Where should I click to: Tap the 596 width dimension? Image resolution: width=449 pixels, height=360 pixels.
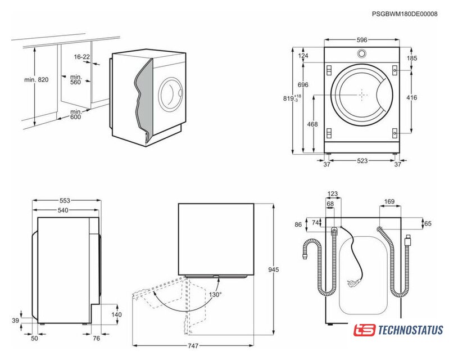[x=361, y=40]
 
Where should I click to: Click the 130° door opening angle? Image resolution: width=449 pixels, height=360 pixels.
[x=215, y=294]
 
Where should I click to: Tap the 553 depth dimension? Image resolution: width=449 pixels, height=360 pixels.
[x=66, y=201]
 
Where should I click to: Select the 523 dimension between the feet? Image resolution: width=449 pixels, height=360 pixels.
[x=362, y=161]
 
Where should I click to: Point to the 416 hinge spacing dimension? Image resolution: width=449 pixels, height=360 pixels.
[x=412, y=98]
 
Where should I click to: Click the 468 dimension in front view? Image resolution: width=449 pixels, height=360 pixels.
[x=312, y=124]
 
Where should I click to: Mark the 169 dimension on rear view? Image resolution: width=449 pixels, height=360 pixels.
[x=389, y=201]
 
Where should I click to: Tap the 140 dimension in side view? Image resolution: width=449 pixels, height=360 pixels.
[x=117, y=315]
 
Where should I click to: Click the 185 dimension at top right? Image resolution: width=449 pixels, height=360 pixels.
[x=412, y=58]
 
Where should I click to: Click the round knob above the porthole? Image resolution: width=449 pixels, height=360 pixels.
[x=361, y=54]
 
